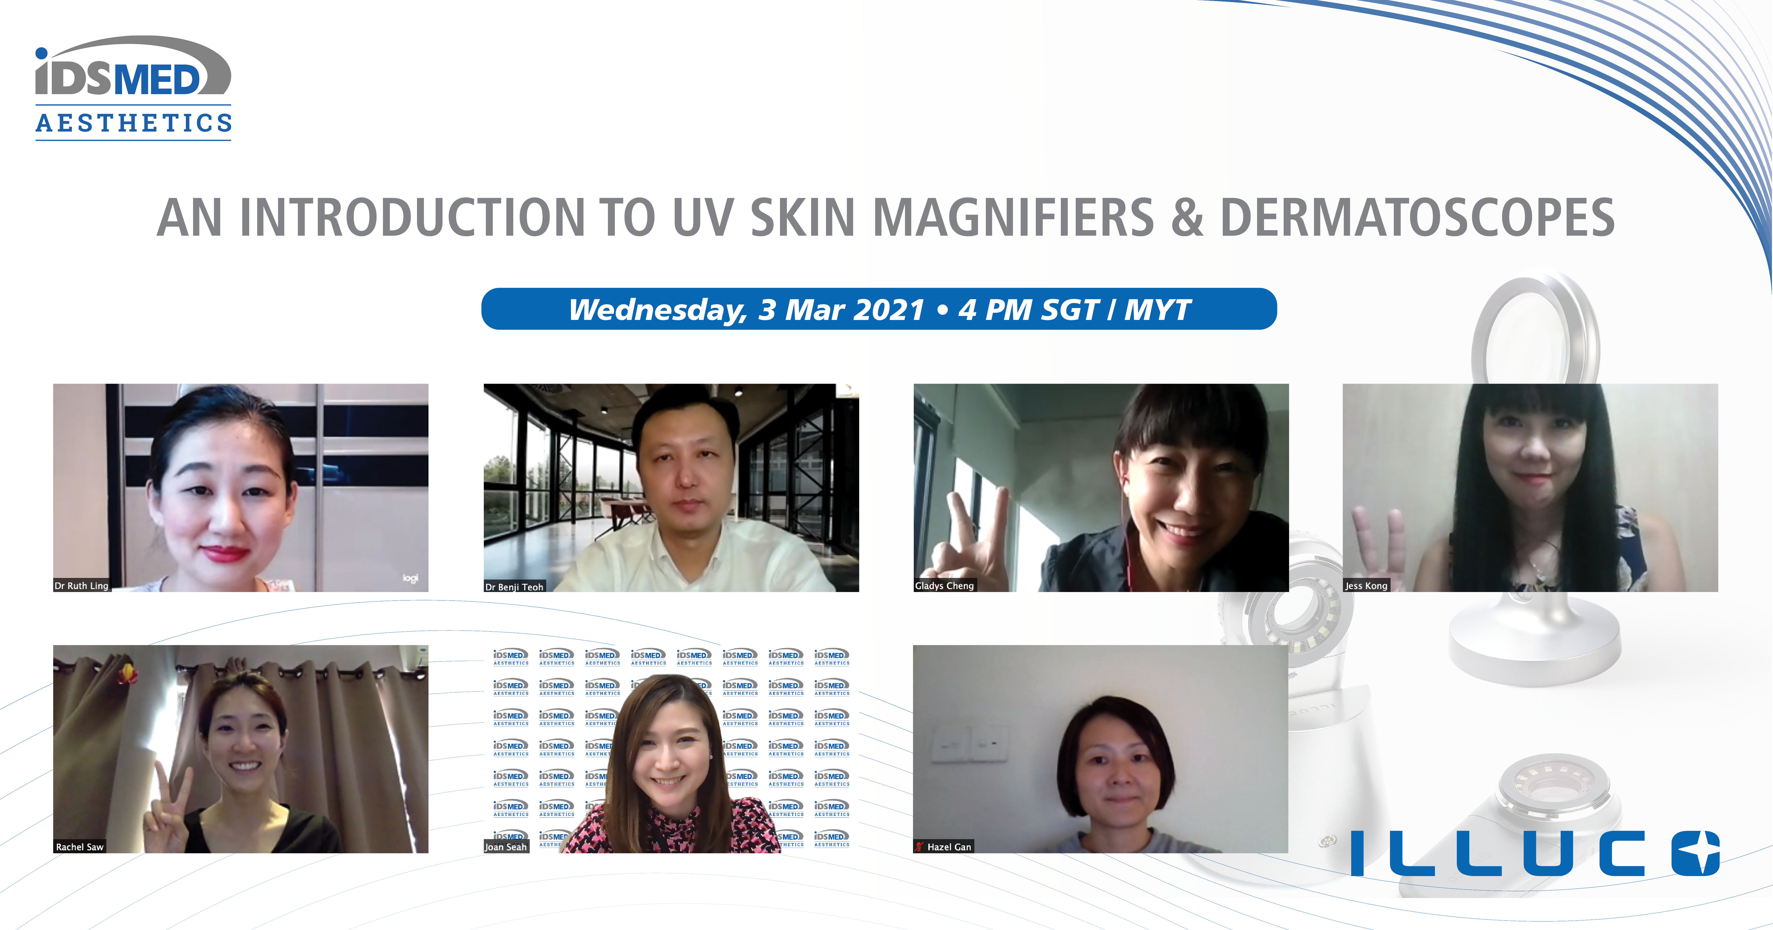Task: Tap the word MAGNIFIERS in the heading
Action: coord(1013,217)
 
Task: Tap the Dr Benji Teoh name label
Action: coord(514,587)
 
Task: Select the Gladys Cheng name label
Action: coord(944,585)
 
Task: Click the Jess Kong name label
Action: coord(1366,585)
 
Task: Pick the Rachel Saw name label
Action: coord(80,847)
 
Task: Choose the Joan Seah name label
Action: coord(506,847)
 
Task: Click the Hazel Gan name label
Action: coord(949,847)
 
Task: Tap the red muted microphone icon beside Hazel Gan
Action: coord(919,847)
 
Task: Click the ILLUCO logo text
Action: coord(1535,853)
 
